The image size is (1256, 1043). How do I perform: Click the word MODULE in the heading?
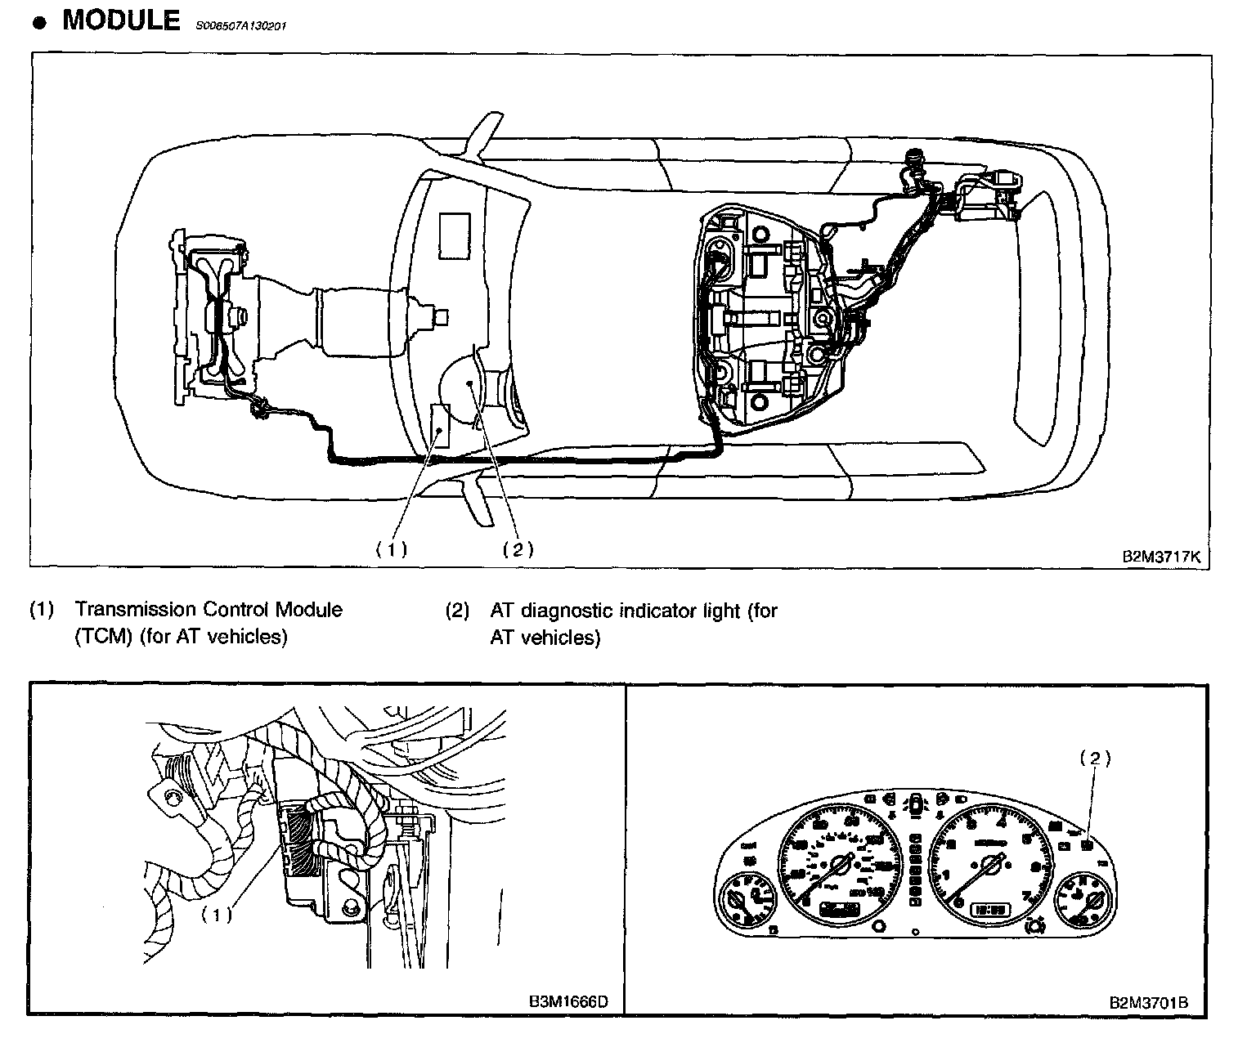click(x=121, y=20)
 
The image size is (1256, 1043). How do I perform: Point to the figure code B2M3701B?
click(x=1148, y=1002)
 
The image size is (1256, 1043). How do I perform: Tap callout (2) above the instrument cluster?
click(x=1096, y=759)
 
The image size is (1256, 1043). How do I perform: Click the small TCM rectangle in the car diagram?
click(x=441, y=426)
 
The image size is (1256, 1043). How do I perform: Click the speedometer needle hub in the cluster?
click(x=841, y=863)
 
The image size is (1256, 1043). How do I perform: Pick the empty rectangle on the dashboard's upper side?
click(x=454, y=235)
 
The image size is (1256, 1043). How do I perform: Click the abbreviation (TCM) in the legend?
click(x=102, y=638)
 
